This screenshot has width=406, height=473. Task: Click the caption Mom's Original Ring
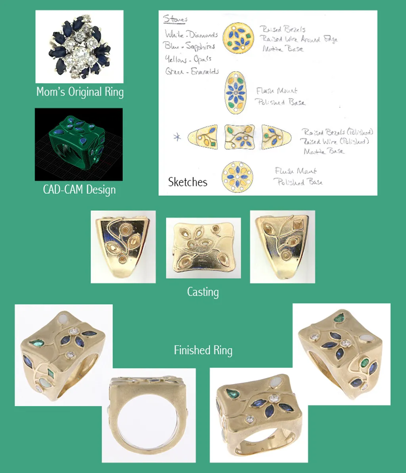(80, 92)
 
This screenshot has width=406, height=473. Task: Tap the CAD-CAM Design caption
(79, 190)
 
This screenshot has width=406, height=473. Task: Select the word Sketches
(188, 182)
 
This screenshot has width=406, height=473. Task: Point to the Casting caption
(203, 292)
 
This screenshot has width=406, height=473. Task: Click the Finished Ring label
(203, 350)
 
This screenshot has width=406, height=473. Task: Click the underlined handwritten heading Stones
(175, 19)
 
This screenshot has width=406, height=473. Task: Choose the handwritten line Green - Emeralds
(192, 71)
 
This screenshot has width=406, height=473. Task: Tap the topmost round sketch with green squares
(238, 38)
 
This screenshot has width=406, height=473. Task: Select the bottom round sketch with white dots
(237, 176)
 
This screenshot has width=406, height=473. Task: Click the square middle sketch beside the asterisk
(239, 137)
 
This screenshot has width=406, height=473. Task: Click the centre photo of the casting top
(203, 248)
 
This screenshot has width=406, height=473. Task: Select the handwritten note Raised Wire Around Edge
(299, 39)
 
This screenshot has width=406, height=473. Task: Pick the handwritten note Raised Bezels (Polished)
(337, 132)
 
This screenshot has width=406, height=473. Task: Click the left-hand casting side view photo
(123, 247)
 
